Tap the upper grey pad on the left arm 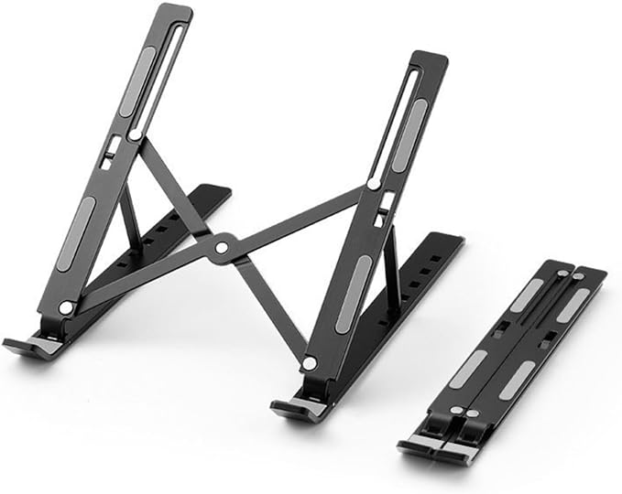point(138,82)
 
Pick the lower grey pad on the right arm point(354,294)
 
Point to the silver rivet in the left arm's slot point(136,135)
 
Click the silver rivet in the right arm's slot point(374,184)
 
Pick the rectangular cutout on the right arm point(386,200)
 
